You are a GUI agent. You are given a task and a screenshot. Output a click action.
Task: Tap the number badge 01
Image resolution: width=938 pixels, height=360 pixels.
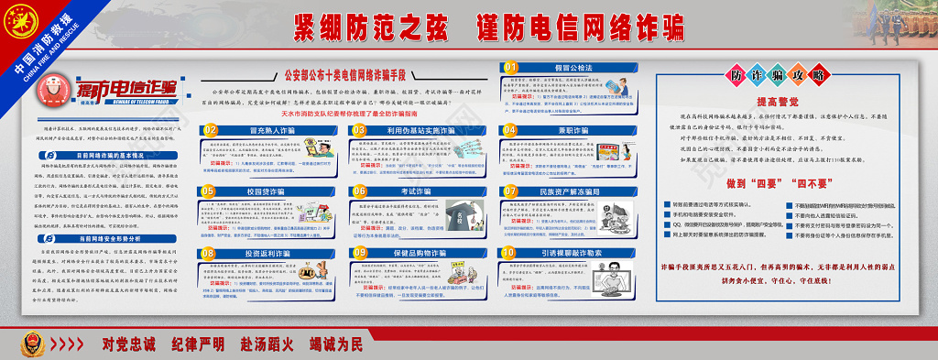[x=510, y=67]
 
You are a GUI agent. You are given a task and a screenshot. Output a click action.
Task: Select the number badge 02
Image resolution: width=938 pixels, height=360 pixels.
[x=210, y=130]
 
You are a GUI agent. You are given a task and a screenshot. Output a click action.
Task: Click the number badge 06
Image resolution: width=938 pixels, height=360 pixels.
[x=359, y=191]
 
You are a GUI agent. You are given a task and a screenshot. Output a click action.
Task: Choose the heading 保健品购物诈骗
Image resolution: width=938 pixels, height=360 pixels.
[x=418, y=253]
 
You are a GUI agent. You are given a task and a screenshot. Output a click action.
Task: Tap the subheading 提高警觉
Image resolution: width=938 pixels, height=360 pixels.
[x=778, y=103]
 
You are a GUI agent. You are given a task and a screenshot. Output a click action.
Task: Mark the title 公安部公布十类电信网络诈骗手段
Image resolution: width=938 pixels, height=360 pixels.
[x=350, y=76]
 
